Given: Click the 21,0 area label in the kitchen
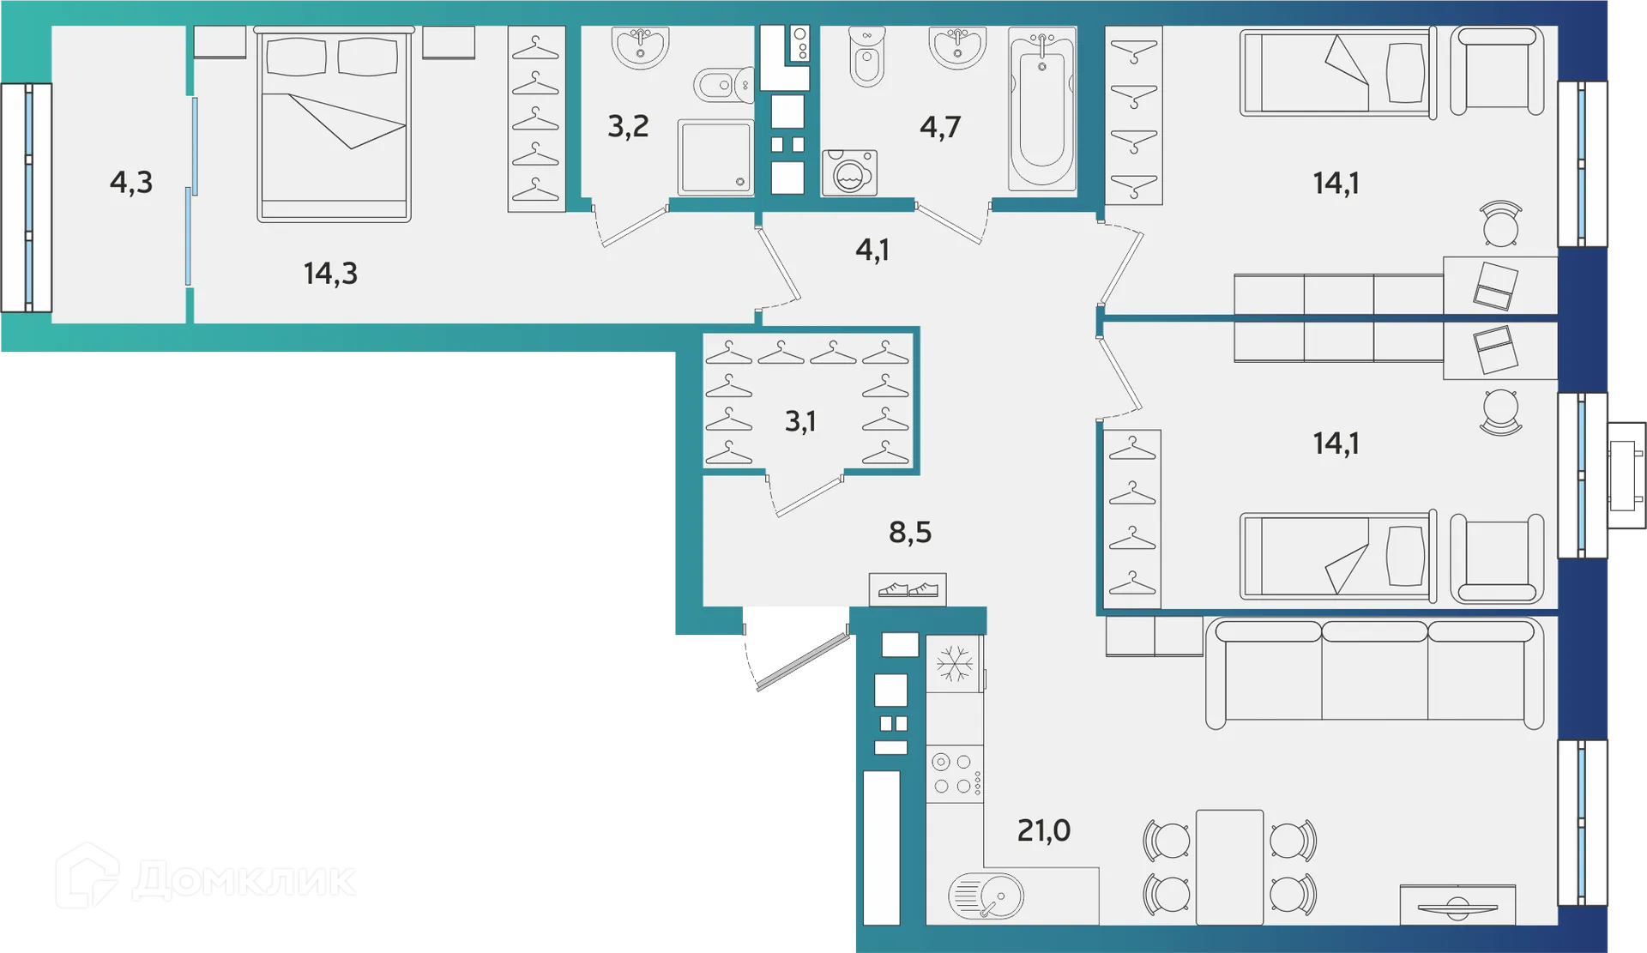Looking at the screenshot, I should click(1043, 830).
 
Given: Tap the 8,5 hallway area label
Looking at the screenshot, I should click(909, 533).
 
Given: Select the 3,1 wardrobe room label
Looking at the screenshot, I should click(799, 421).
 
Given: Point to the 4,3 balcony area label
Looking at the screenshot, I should click(130, 183).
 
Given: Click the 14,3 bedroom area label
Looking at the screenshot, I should click(330, 274).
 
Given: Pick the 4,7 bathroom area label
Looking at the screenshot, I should click(939, 127).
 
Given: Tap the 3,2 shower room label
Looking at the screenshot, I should click(628, 127).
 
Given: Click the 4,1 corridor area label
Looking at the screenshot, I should click(872, 250).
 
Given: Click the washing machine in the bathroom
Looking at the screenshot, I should click(849, 172).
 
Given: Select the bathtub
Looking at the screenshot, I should click(1042, 109).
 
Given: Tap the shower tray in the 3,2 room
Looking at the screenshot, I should click(715, 158).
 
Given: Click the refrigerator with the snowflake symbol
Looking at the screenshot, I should click(954, 664).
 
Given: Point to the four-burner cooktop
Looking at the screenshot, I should click(954, 774).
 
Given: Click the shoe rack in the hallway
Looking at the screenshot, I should click(908, 589).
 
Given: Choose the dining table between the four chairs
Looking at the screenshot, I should click(1229, 866).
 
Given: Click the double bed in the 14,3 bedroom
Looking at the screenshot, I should click(334, 124).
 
